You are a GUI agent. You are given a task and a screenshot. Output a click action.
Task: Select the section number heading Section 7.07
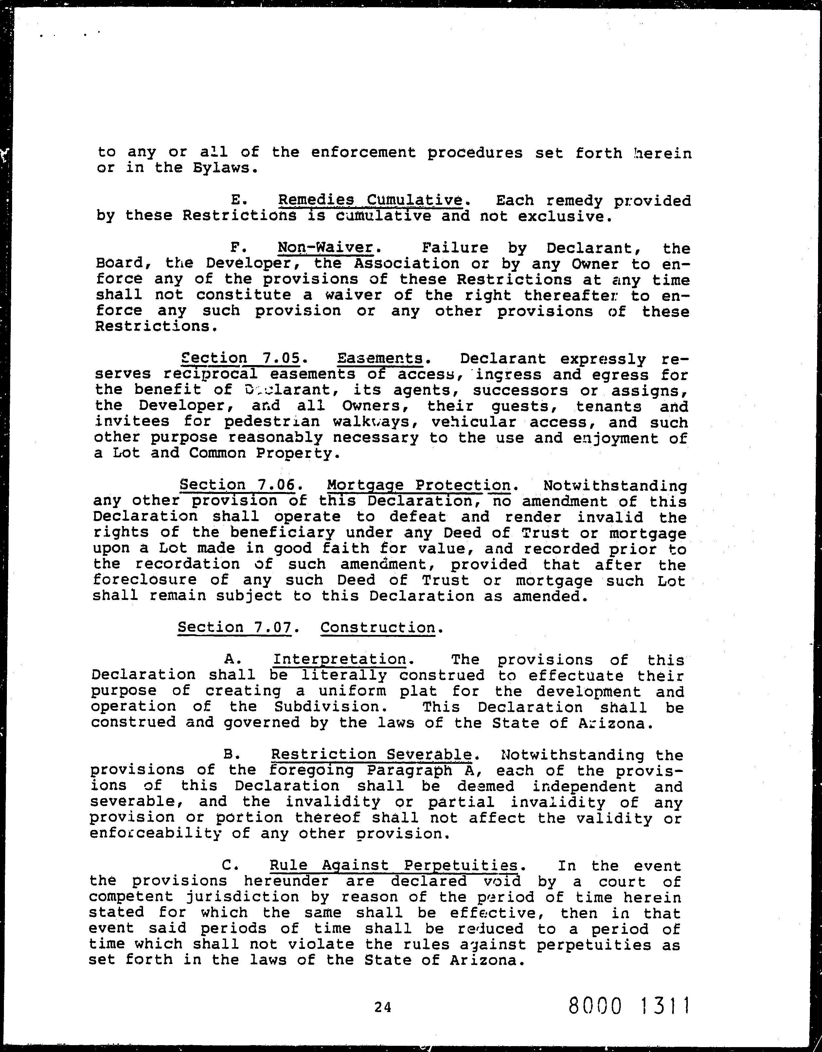click(x=235, y=627)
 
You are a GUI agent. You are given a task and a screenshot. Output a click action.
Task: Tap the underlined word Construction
click(x=378, y=627)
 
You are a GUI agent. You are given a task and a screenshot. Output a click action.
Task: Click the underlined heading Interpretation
click(x=340, y=659)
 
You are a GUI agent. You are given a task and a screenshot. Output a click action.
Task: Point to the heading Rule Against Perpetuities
click(x=394, y=866)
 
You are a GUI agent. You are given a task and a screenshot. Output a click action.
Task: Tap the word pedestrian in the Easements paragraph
click(x=272, y=422)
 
